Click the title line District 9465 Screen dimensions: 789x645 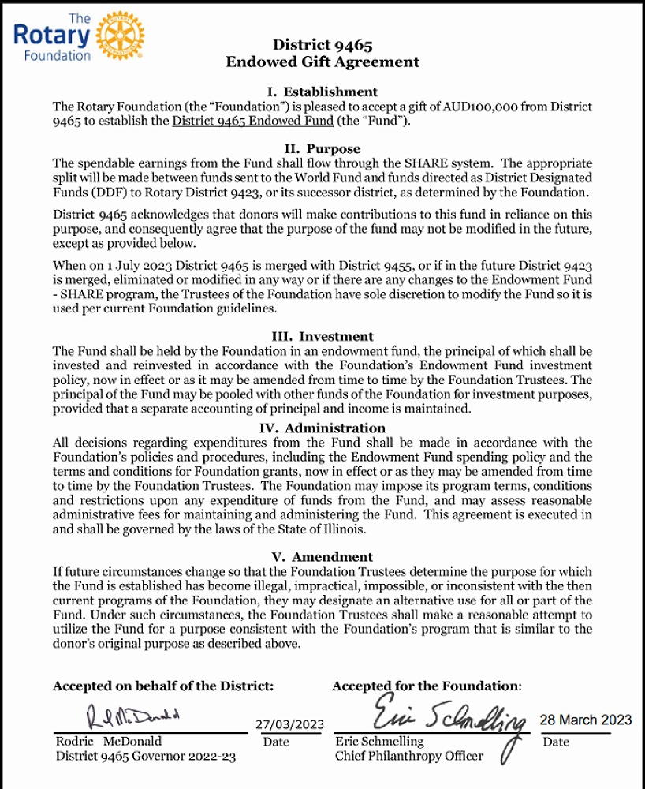(322, 45)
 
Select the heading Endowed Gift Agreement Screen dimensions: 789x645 (322, 62)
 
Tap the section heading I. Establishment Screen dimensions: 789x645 (322, 92)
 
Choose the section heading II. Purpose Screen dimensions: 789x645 (322, 149)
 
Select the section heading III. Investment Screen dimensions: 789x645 (322, 336)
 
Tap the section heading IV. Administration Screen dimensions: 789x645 (322, 428)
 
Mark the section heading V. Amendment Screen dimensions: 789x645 (322, 556)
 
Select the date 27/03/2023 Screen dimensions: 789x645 (290, 725)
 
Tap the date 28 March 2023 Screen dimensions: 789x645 (585, 720)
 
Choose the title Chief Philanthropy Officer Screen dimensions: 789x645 (408, 756)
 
